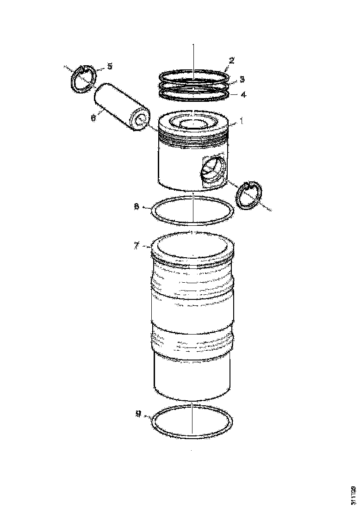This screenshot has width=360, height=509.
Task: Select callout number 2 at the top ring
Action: tap(231, 60)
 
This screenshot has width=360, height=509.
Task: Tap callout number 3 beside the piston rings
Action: tap(242, 79)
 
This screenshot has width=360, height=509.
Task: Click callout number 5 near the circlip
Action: tap(110, 66)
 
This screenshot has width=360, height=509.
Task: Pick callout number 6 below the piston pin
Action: tap(93, 118)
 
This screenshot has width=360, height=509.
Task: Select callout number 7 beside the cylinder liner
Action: tap(137, 246)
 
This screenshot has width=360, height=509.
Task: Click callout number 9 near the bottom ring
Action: tap(138, 415)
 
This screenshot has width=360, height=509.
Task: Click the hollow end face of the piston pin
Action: tap(139, 121)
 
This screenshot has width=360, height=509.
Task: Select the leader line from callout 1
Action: tap(233, 123)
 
